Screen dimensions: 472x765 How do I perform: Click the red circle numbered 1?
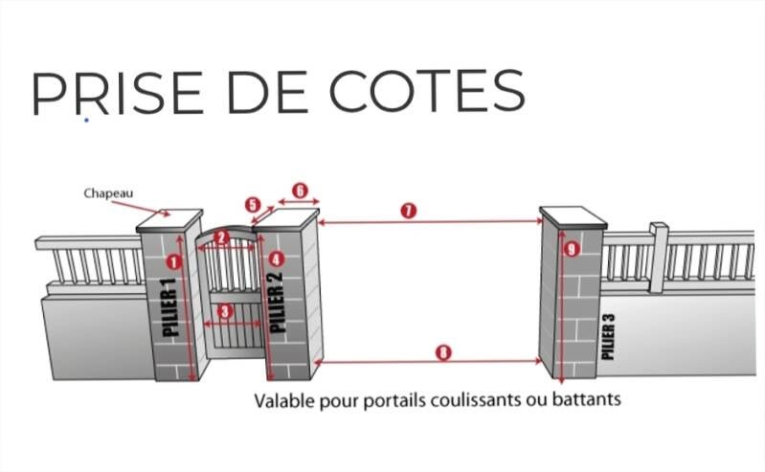(173, 261)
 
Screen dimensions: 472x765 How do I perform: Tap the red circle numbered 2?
(221, 236)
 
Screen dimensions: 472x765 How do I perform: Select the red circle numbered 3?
(224, 310)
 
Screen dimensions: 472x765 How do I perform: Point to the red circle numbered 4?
(277, 258)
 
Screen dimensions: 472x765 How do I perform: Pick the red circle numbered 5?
(252, 205)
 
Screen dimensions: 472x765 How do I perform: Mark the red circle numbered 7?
(409, 211)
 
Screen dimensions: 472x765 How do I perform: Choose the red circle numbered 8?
(441, 351)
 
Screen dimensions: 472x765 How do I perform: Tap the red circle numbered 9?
(572, 250)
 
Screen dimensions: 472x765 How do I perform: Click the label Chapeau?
(107, 193)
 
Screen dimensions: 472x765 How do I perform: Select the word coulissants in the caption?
(464, 397)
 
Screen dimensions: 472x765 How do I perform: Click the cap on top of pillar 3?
(573, 216)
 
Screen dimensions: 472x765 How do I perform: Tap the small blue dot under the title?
(86, 121)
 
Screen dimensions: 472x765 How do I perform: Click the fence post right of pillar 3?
(657, 257)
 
